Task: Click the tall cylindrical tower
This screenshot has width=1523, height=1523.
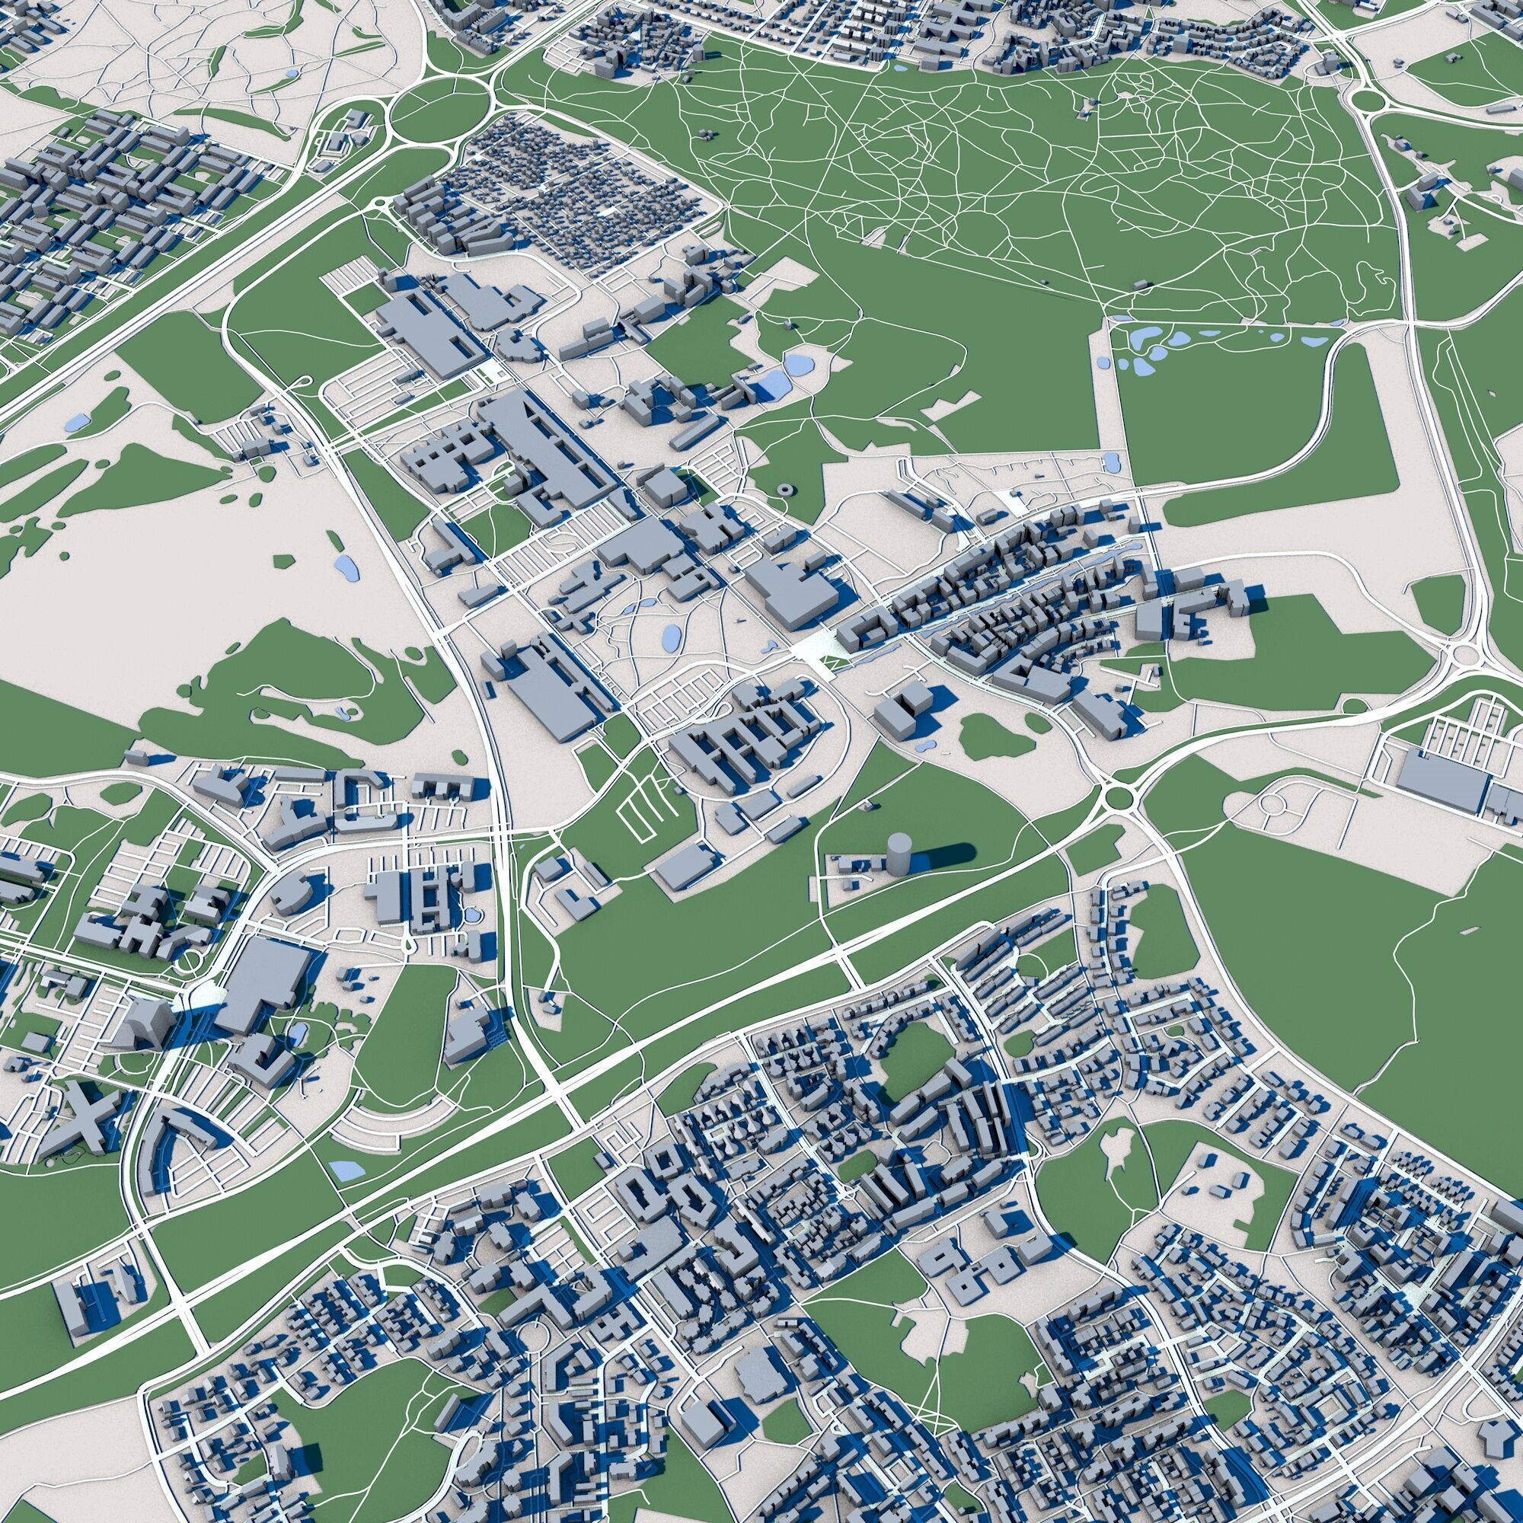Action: (x=898, y=851)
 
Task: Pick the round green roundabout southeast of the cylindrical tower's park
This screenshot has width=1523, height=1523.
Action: (x=1119, y=798)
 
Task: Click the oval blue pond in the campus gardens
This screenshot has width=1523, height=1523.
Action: (x=672, y=635)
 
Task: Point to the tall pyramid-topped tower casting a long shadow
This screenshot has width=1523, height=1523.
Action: (x=147, y=1022)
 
